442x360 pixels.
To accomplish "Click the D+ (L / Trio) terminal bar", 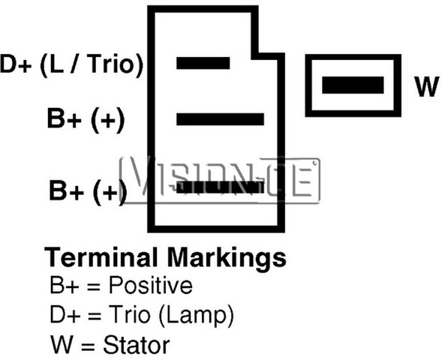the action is pos(203,63).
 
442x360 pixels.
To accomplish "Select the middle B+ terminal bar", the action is pos(220,119).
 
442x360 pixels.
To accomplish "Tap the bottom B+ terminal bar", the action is pos(220,187).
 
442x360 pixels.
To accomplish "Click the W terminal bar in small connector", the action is pos(353,85).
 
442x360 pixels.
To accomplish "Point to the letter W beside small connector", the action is pos(426,87).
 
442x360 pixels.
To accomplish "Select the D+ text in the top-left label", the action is pos(16,64).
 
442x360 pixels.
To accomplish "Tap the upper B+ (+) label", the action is pos(86,119).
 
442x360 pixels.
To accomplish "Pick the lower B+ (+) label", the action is pos(88,191).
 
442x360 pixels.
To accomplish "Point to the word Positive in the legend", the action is pos(151,285).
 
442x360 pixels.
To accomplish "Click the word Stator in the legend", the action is pos(137,344).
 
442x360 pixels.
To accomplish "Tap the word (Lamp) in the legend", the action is pos(196,316).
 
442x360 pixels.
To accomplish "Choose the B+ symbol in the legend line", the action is pos(64,285).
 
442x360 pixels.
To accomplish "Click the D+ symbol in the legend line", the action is pos(65,315).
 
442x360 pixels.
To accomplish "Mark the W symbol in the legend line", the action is pos(62,344).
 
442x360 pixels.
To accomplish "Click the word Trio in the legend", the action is pos(129,314).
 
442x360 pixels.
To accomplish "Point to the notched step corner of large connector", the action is pos(255,56).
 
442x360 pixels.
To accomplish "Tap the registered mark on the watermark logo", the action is pos(316,162).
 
